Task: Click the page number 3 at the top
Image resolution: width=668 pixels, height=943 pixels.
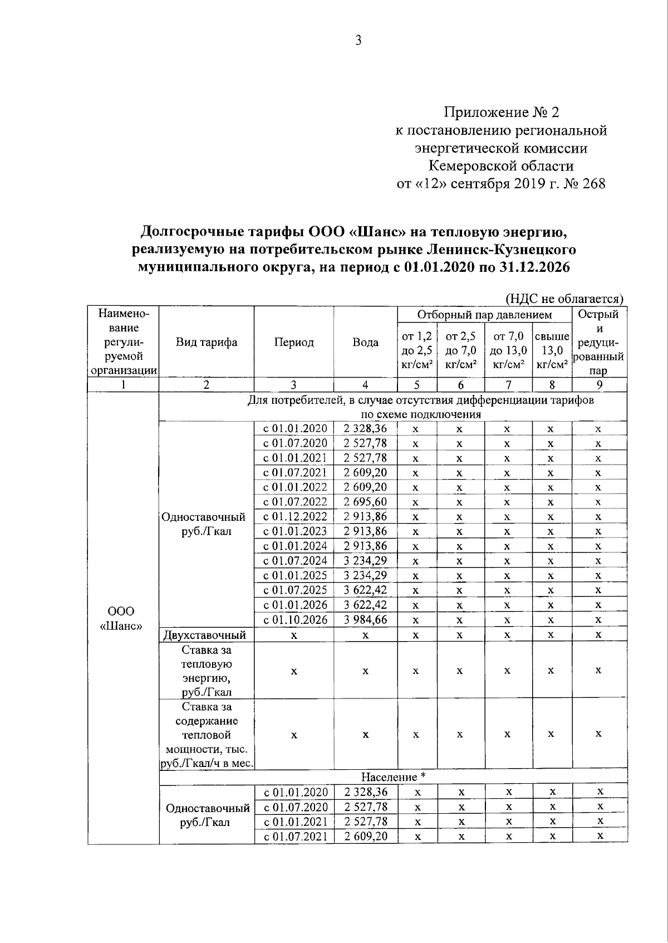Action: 358,40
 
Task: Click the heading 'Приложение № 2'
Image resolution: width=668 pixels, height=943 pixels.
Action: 501,113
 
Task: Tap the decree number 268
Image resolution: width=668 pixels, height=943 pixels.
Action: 594,184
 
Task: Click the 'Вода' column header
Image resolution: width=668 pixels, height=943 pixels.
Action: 365,342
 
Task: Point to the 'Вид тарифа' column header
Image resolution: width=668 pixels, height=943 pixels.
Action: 207,342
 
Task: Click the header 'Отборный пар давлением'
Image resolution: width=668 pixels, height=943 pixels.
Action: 484,315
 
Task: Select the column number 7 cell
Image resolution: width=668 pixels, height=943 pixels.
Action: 508,385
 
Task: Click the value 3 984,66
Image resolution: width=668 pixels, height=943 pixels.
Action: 365,620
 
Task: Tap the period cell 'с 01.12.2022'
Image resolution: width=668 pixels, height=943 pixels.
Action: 294,517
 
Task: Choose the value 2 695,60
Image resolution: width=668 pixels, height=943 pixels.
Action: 365,502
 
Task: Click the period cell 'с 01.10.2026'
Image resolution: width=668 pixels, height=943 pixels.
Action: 294,620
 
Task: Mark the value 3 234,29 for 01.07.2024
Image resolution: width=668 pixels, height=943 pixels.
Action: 365,561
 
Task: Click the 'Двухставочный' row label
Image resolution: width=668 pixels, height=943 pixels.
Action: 204,635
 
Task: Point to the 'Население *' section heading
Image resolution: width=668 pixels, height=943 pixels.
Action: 393,776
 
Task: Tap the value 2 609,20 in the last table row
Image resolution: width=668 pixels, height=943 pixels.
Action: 365,836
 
